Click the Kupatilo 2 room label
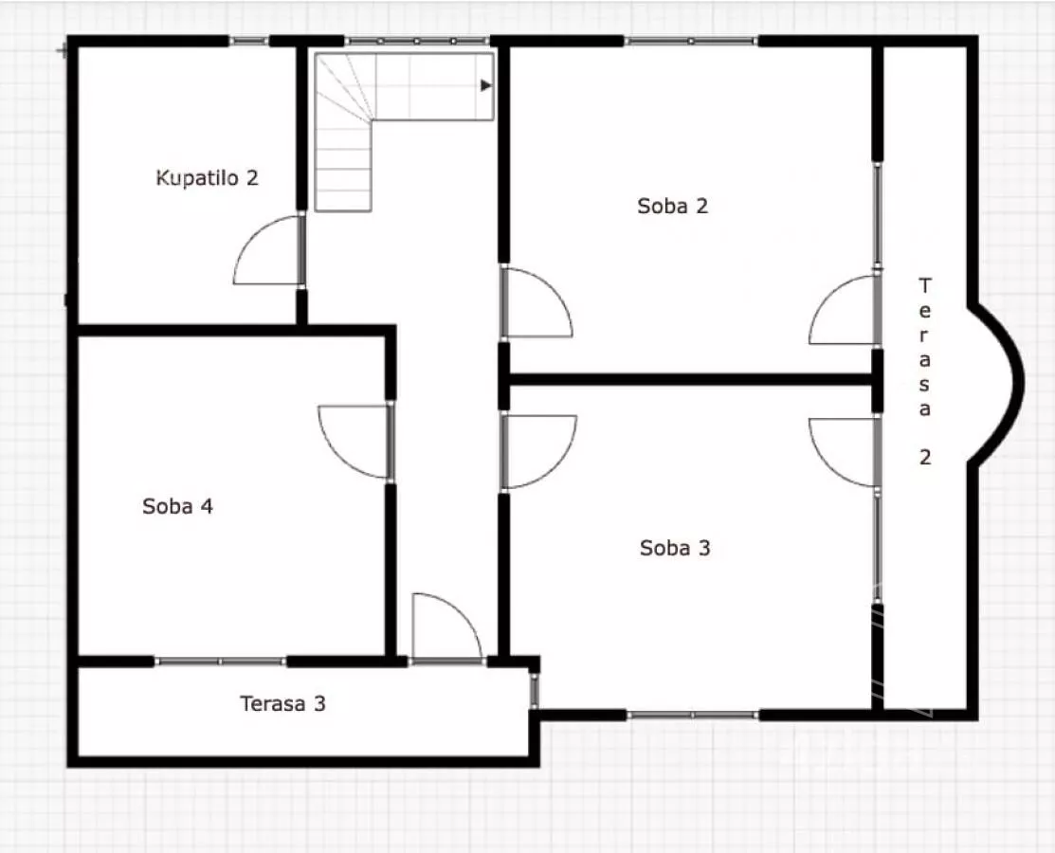pyautogui.click(x=208, y=178)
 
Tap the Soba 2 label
pyautogui.click(x=673, y=206)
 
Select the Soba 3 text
pyautogui.click(x=675, y=548)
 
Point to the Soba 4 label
pyautogui.click(x=177, y=506)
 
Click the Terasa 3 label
pyautogui.click(x=282, y=703)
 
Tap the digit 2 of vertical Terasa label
pyautogui.click(x=925, y=458)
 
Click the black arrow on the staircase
pyautogui.click(x=485, y=85)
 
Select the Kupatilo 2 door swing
pyautogui.click(x=268, y=249)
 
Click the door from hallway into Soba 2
pyautogui.click(x=537, y=302)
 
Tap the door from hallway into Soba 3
pyautogui.click(x=538, y=451)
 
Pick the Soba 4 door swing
pyautogui.click(x=354, y=442)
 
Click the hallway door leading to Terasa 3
pyautogui.click(x=446, y=626)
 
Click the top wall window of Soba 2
pyautogui.click(x=691, y=42)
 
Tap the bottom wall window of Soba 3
pyautogui.click(x=693, y=715)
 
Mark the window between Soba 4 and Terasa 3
pyautogui.click(x=221, y=662)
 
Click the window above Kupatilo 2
pyautogui.click(x=249, y=41)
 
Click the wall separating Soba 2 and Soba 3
pyautogui.click(x=691, y=380)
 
